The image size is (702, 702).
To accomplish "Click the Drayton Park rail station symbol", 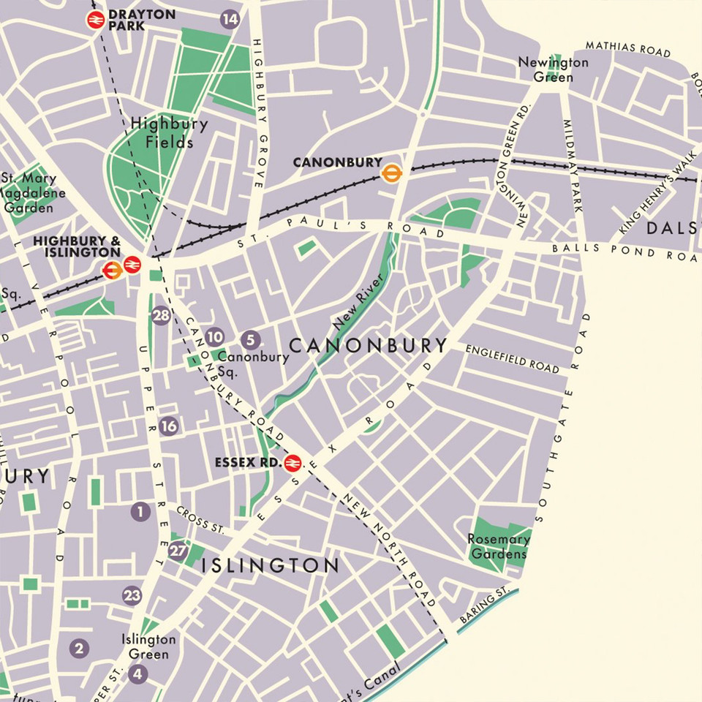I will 95,20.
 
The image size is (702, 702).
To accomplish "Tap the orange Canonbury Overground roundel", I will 393,173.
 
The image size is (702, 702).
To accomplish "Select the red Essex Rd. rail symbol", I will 292,463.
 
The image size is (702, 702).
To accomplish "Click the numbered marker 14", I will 230,20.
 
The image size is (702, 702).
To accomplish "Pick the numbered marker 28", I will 161,316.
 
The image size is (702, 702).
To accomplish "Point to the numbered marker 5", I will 250,339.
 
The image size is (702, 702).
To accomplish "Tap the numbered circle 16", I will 169,426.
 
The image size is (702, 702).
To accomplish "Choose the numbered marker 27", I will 178,551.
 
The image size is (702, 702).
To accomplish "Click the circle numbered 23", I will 132,595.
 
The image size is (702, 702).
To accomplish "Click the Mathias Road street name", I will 627,49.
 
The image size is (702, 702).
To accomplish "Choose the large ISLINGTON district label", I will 270,565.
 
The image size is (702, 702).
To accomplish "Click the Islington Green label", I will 148,647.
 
